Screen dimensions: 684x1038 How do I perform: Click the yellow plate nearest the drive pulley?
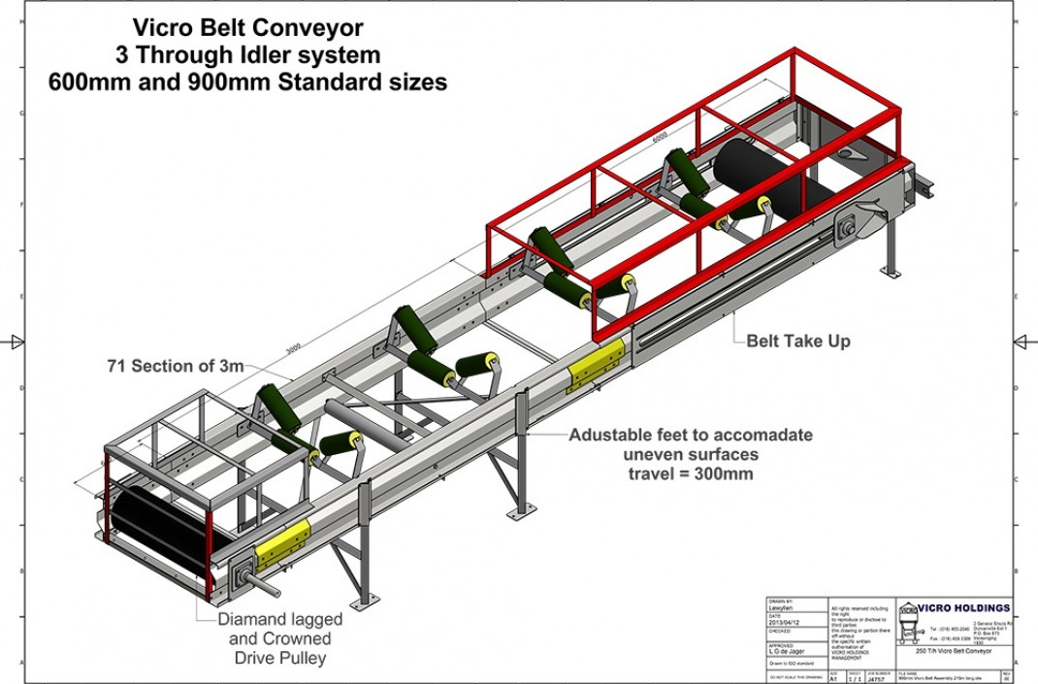[x=282, y=542]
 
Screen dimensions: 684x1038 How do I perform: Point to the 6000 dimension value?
[x=660, y=137]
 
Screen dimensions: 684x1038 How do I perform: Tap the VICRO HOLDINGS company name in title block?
[x=964, y=608]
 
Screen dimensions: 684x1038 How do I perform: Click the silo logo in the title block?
[x=909, y=622]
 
